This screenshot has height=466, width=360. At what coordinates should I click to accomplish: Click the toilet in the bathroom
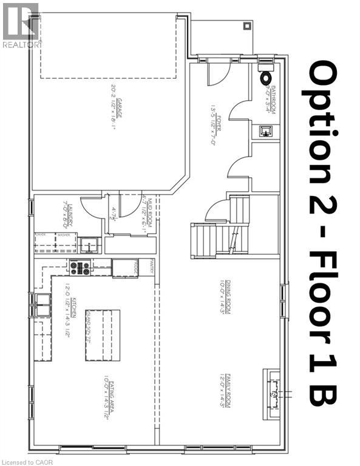[x=266, y=78]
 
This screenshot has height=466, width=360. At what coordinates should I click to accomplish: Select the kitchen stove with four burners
[x=80, y=267]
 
